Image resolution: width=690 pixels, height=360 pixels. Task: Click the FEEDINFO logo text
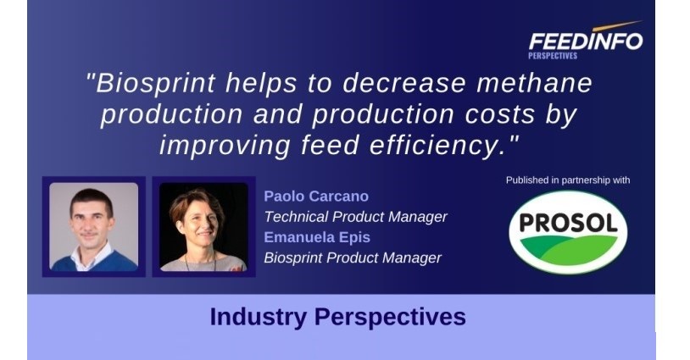click(586, 42)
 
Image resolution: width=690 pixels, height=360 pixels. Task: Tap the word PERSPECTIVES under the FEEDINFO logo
click(553, 56)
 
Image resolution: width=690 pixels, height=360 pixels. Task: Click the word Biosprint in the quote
click(156, 83)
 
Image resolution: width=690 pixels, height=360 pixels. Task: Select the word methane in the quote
click(534, 83)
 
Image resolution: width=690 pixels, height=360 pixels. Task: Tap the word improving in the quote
click(225, 146)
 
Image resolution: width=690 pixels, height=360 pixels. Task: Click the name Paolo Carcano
click(316, 196)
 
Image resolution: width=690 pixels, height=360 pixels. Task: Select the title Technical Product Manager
click(355, 217)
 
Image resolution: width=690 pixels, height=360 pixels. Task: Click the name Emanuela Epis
click(317, 237)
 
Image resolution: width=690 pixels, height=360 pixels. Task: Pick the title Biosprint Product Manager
click(353, 258)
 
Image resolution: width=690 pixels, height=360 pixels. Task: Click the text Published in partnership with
click(568, 180)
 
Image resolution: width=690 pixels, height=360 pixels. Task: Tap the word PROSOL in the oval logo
click(568, 223)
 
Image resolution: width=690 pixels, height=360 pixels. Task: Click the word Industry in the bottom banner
click(259, 317)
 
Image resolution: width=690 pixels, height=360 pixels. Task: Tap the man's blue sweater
click(94, 261)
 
